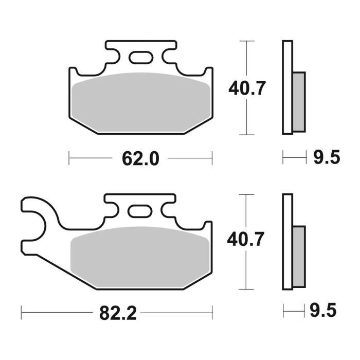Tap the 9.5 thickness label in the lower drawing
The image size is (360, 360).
coord(324,311)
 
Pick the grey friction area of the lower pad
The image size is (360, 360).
coord(140,255)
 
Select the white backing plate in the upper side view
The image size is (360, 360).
coord(287,87)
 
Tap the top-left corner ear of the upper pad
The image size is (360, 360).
coord(73,73)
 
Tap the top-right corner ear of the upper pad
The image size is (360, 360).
coord(208,73)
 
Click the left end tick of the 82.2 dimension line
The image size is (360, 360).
coord(21,311)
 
